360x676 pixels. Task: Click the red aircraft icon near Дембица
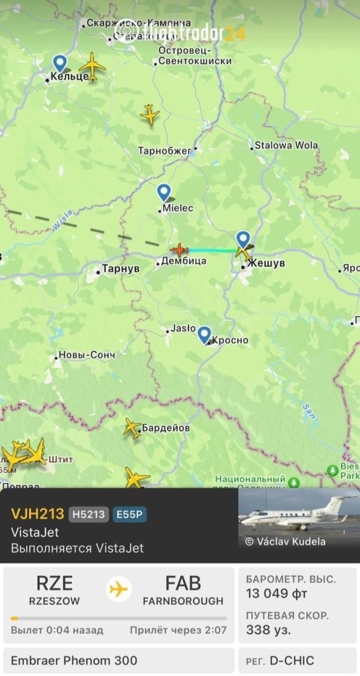[179, 250]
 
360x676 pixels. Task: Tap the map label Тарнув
[119, 270]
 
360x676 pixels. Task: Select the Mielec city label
[178, 208]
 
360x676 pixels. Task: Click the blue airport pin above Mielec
[164, 193]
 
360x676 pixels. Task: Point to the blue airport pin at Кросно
[204, 335]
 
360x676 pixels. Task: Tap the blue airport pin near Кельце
[60, 63]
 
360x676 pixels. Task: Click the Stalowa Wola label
[286, 145]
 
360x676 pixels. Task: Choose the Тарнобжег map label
[164, 151]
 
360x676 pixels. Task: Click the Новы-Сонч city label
[87, 355]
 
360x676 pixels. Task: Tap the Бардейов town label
[166, 428]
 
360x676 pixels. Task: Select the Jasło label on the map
[183, 327]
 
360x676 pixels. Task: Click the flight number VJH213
[37, 514]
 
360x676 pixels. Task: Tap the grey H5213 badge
[89, 514]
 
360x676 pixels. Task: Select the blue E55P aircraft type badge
[129, 514]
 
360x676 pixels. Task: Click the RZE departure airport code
[54, 584]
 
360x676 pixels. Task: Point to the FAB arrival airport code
[183, 584]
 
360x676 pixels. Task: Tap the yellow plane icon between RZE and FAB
[119, 589]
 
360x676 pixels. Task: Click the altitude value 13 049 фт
[276, 593]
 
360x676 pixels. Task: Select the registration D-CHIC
[291, 660]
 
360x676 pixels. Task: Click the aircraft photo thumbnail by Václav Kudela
[299, 518]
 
